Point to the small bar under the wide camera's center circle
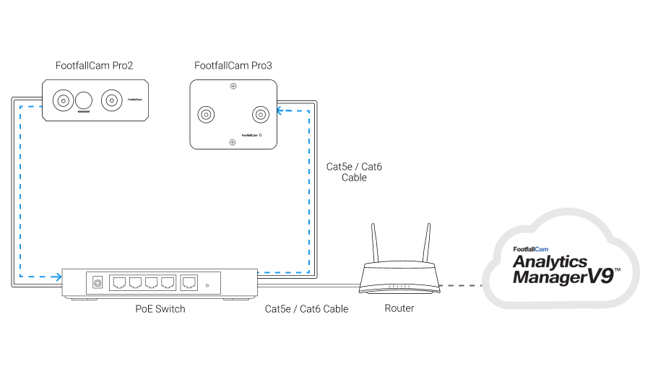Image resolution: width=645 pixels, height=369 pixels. coord(85,112)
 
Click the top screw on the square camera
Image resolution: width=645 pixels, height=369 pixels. coord(233,87)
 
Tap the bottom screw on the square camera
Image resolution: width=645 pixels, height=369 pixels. coord(233,142)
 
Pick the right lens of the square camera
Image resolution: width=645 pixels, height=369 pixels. coord(259,114)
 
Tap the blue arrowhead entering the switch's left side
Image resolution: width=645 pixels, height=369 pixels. coord(57,277)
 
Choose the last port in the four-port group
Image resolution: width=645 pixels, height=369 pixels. coord(168,283)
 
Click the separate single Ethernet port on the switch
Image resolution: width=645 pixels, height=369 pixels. coord(189,283)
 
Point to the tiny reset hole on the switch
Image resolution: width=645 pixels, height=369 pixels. coord(208,286)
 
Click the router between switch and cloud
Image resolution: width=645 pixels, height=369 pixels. coord(400,278)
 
